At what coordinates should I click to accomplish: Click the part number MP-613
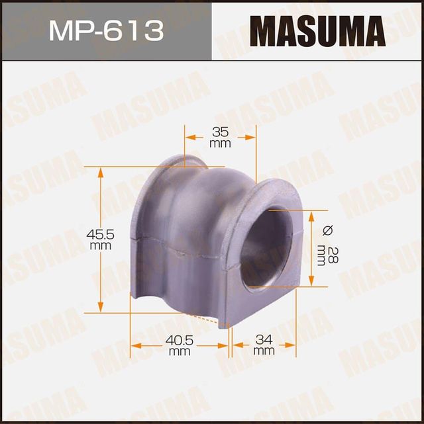(x=106, y=31)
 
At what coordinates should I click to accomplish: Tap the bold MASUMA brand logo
(x=317, y=31)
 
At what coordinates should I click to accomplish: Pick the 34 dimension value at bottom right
(x=264, y=340)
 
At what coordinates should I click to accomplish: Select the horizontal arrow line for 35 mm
(x=220, y=138)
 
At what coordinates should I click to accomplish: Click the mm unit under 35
(x=219, y=143)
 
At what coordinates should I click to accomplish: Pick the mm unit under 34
(x=264, y=351)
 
